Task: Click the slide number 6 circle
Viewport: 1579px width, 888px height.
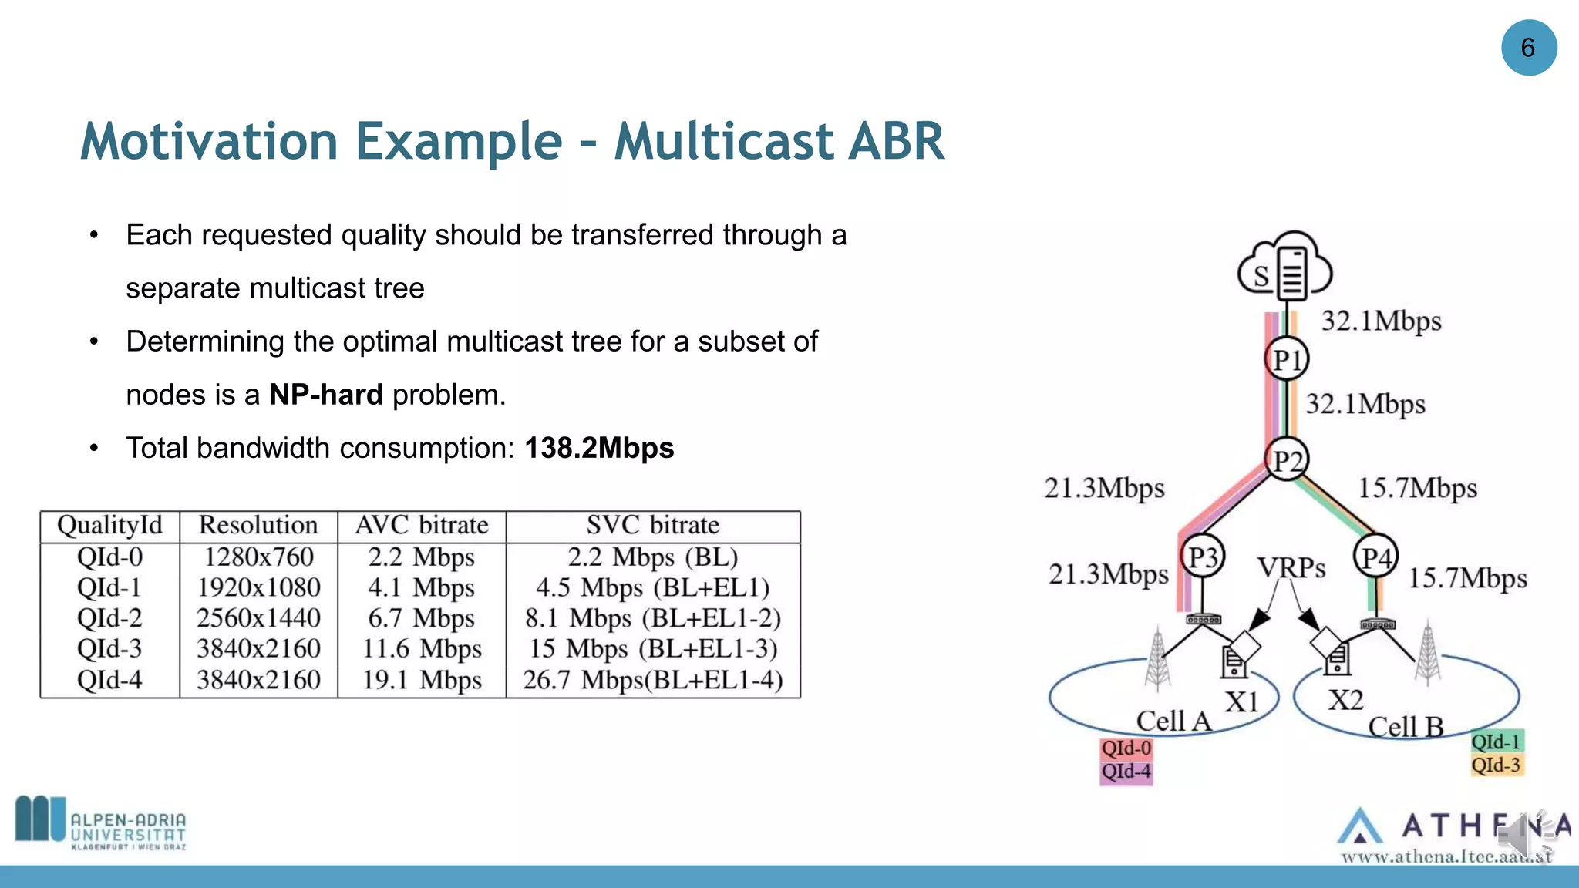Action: tap(1528, 48)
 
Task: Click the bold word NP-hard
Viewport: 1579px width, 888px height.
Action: tap(326, 395)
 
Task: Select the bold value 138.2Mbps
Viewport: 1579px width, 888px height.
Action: tap(599, 448)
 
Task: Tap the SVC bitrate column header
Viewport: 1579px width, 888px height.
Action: tap(652, 525)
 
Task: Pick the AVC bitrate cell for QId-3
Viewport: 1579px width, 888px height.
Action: tap(422, 649)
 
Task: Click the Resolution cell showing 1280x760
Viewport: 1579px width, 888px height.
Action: tap(258, 557)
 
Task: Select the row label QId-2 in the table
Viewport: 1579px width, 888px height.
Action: tap(109, 618)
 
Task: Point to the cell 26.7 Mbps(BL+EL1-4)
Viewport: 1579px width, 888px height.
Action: tap(652, 680)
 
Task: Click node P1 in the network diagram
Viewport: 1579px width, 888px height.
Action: tap(1286, 359)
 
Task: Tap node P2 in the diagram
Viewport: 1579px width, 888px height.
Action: tap(1287, 460)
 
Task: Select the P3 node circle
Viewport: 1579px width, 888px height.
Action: tap(1202, 557)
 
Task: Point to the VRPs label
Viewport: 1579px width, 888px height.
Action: tap(1291, 568)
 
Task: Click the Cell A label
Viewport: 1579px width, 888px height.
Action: tap(1173, 721)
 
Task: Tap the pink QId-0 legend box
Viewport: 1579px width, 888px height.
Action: tap(1126, 748)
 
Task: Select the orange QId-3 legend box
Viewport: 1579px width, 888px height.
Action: tap(1496, 765)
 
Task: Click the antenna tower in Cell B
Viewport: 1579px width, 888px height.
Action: tap(1428, 654)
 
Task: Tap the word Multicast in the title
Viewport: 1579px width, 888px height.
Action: tap(723, 141)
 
